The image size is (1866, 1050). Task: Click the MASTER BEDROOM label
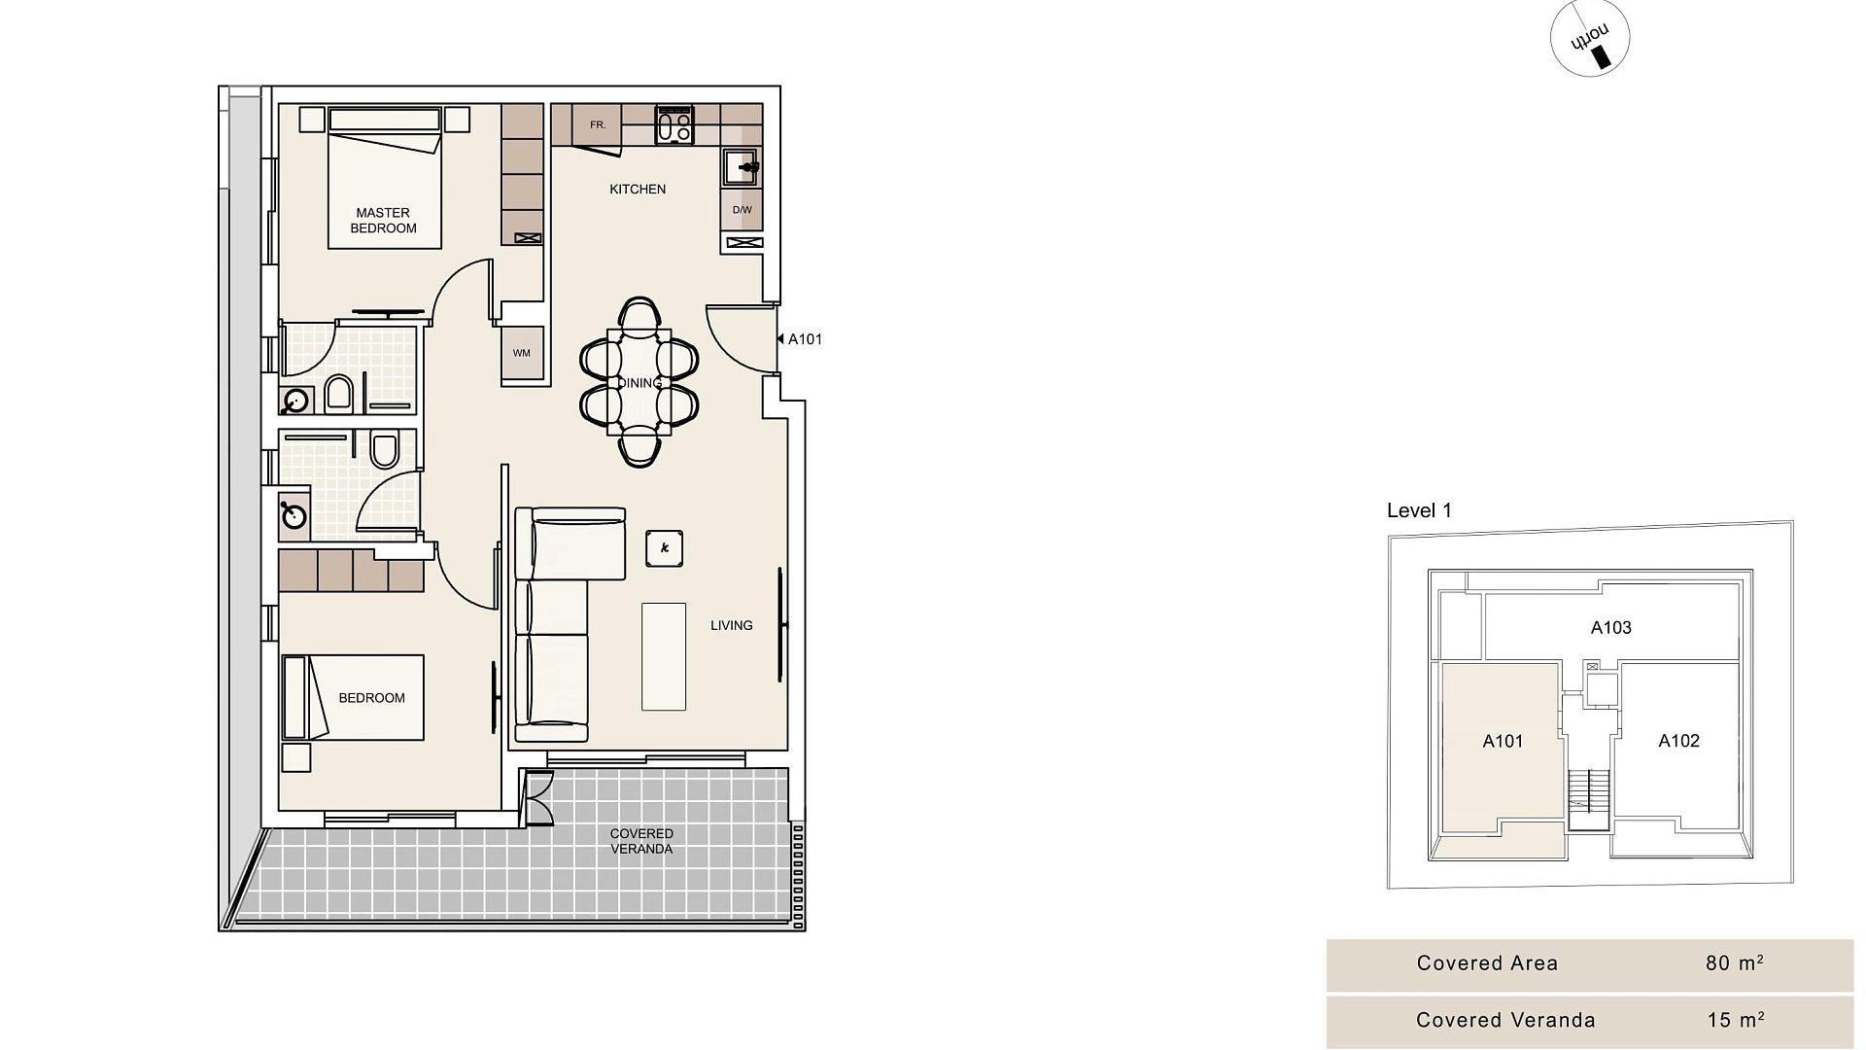[x=383, y=221]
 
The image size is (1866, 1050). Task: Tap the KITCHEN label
[x=638, y=190]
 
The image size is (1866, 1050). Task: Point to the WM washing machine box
[x=522, y=353]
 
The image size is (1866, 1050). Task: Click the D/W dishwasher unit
[x=742, y=210]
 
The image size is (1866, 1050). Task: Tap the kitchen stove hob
[x=674, y=124]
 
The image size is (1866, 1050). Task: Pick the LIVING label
[x=731, y=625]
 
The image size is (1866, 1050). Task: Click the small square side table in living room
[x=664, y=548]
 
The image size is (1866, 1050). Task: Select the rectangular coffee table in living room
[x=664, y=656]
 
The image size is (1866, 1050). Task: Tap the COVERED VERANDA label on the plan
[x=641, y=841]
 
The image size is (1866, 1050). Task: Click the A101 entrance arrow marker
[x=780, y=339]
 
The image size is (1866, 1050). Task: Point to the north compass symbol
[x=1590, y=39]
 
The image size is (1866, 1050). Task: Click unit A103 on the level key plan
[x=1610, y=628]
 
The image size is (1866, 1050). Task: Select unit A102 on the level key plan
[x=1678, y=741]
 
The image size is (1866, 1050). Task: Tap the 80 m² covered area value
[x=1735, y=962]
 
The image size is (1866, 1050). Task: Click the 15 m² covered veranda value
[x=1736, y=1020]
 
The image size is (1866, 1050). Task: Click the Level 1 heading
[x=1419, y=510]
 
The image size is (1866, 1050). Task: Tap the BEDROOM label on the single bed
[x=371, y=698]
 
